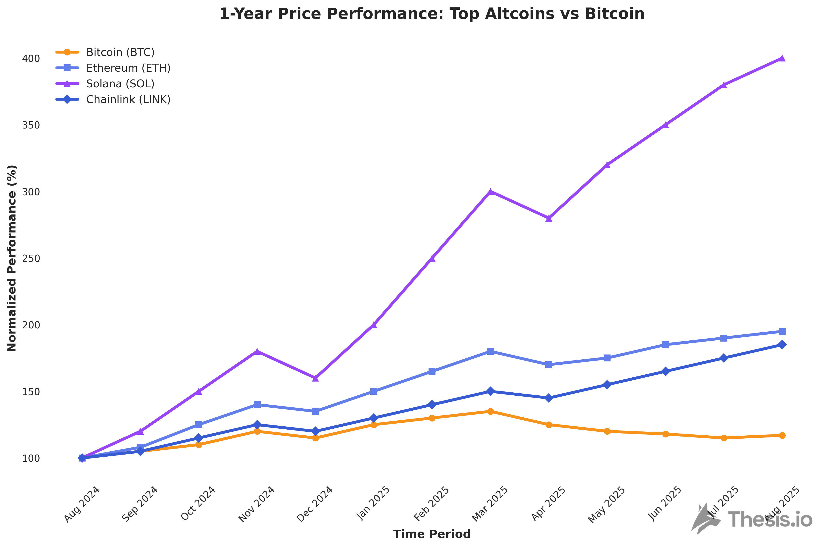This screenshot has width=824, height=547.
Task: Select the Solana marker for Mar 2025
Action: point(490,192)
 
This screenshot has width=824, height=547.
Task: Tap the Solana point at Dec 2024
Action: point(315,378)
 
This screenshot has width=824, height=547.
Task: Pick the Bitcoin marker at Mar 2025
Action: point(490,411)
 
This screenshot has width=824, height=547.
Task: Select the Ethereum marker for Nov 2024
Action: point(257,405)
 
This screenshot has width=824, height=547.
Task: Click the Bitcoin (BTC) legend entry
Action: point(120,52)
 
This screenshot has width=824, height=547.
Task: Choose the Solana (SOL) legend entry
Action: point(120,84)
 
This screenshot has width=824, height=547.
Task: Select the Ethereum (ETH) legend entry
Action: point(128,68)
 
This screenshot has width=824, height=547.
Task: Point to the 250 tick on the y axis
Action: point(31,259)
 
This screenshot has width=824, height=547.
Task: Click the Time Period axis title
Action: point(432,534)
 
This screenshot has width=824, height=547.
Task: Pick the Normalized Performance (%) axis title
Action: point(12,258)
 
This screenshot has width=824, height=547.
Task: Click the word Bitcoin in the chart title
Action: point(614,14)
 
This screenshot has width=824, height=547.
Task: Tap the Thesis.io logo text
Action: point(770,519)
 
